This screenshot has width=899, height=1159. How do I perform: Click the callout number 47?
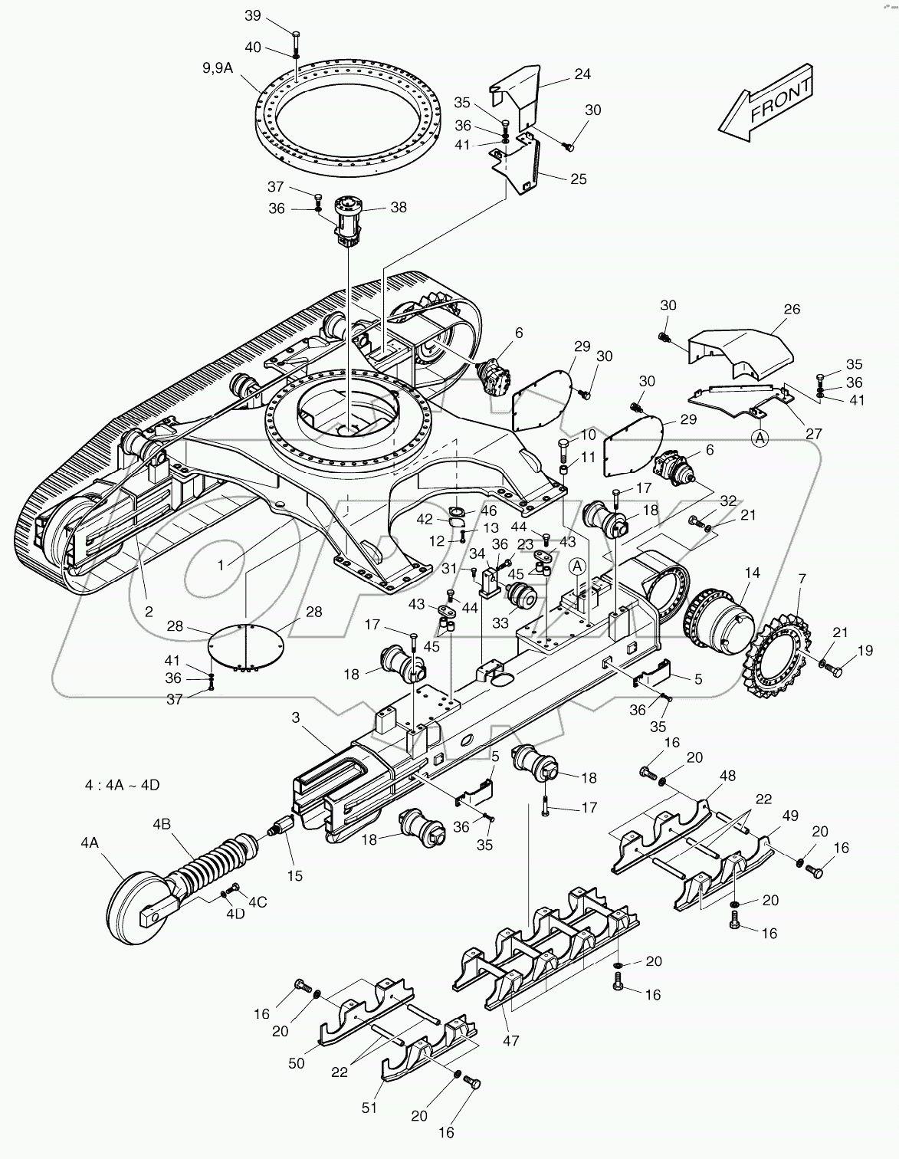510,1040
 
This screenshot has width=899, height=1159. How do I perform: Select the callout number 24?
582,74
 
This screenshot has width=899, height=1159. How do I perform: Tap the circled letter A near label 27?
759,438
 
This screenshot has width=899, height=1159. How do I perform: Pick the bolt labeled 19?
835,671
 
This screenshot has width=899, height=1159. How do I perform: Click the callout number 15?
294,875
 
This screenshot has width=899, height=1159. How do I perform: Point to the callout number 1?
221,564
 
